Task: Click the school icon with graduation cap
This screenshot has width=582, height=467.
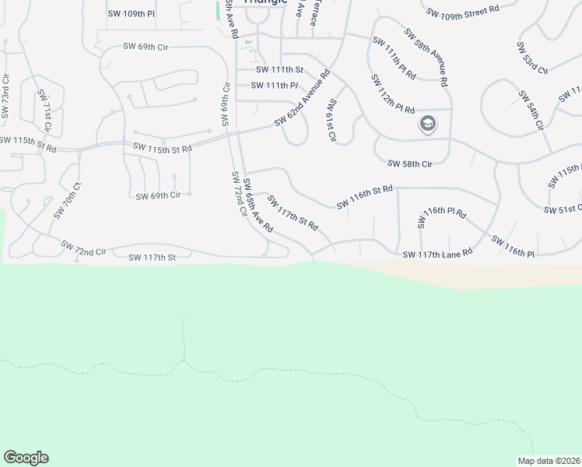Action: pyautogui.click(x=427, y=123)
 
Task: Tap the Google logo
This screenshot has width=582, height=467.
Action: pyautogui.click(x=26, y=458)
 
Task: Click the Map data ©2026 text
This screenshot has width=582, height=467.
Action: pyautogui.click(x=549, y=461)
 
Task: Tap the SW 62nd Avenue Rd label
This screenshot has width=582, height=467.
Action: pyautogui.click(x=303, y=99)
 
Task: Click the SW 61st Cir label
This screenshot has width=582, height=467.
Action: pyautogui.click(x=332, y=121)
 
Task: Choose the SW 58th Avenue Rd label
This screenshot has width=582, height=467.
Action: pyautogui.click(x=426, y=58)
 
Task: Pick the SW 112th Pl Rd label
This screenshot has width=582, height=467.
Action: pyautogui.click(x=392, y=93)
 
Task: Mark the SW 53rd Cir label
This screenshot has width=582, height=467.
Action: pyautogui.click(x=532, y=58)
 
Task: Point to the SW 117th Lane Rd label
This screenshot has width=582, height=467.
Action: pyautogui.click(x=437, y=254)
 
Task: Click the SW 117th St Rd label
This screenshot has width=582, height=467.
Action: pyautogui.click(x=293, y=213)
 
